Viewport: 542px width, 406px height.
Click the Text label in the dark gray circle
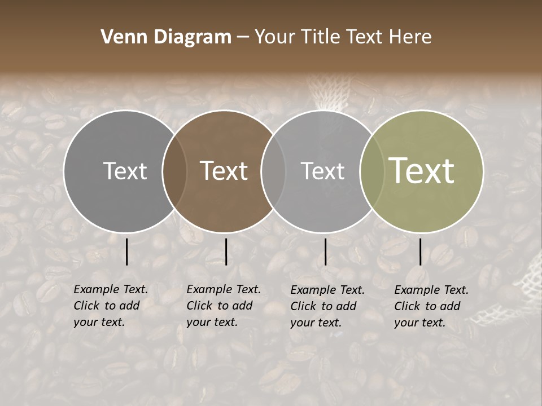pyautogui.click(x=125, y=171)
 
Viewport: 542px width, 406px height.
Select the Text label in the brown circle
pyautogui.click(x=224, y=171)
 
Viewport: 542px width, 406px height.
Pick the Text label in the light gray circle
pyautogui.click(x=322, y=171)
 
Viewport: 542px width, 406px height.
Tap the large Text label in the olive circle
pyautogui.click(x=422, y=171)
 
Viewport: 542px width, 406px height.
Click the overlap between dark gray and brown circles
pyautogui.click(x=174, y=171)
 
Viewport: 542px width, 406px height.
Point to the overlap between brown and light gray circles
pyautogui.click(x=273, y=171)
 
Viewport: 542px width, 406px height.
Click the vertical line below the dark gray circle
pyautogui.click(x=126, y=251)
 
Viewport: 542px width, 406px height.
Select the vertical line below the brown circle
pyautogui.click(x=226, y=251)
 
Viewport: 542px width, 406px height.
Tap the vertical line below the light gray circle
pyautogui.click(x=325, y=251)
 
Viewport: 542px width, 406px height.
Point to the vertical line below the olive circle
pyautogui.click(x=420, y=251)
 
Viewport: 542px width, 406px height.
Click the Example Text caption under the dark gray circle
pyautogui.click(x=111, y=306)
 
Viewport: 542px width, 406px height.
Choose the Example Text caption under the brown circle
pyautogui.click(x=224, y=306)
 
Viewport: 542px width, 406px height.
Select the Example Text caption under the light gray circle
pyautogui.click(x=327, y=306)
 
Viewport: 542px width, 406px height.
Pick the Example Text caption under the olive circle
pyautogui.click(x=431, y=306)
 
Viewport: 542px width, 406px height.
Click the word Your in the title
pyautogui.click(x=275, y=37)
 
